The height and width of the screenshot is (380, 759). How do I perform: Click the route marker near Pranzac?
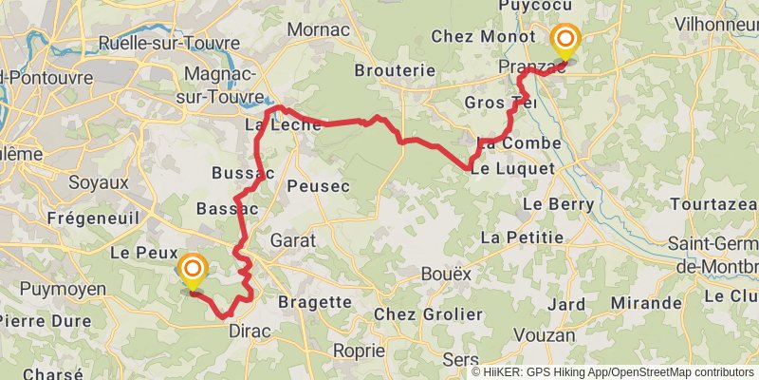[x=566, y=40]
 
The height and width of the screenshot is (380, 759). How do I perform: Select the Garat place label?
[x=292, y=240]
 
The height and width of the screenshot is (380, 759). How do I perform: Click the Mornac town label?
[x=318, y=29]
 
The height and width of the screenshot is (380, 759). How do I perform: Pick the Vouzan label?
[x=548, y=335]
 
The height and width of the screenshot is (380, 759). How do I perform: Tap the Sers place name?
[x=460, y=359]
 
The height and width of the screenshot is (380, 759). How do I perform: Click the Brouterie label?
[x=394, y=70]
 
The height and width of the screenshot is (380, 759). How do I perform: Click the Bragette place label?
[x=315, y=302]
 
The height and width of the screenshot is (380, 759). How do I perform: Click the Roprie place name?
[x=358, y=351]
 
